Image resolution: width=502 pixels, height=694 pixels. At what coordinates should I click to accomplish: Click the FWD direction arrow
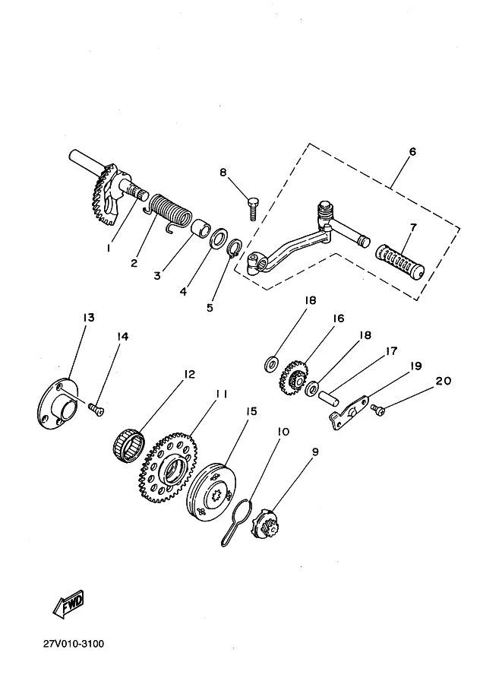pos(68,604)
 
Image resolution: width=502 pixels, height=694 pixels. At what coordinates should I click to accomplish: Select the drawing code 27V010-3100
pos(74,644)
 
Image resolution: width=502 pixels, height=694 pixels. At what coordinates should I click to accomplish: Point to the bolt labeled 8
pos(253,208)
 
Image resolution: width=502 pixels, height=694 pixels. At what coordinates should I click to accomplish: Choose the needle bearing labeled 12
pos(128,445)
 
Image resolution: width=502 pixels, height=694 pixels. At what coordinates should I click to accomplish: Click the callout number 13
pos(88,317)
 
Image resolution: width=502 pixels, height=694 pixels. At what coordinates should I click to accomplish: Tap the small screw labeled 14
pos(96,409)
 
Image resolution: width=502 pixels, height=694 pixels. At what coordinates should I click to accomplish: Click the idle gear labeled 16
pos(293,378)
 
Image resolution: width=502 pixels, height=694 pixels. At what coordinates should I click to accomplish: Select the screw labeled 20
pos(378,410)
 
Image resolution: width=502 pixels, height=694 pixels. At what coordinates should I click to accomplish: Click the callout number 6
pos(412,151)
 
